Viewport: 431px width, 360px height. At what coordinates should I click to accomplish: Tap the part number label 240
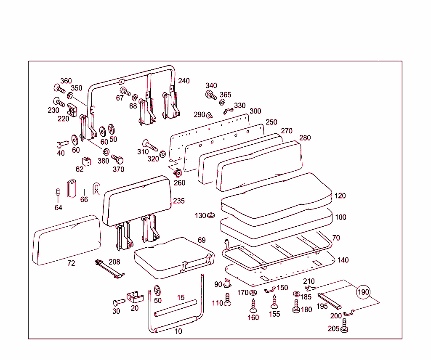[184, 81]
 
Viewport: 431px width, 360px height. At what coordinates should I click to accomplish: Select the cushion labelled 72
[67, 241]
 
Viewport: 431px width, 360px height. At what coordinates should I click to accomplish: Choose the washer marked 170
[253, 292]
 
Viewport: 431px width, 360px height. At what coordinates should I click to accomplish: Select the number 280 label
[305, 138]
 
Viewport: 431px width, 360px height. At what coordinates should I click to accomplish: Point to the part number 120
[340, 196]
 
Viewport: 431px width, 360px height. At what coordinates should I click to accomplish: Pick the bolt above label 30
[118, 302]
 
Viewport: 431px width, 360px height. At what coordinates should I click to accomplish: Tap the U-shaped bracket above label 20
[135, 297]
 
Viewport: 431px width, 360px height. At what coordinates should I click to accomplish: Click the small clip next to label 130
[212, 215]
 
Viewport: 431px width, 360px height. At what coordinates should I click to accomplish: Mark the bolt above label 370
[117, 159]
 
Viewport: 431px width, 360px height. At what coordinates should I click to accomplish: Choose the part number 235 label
[178, 201]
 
